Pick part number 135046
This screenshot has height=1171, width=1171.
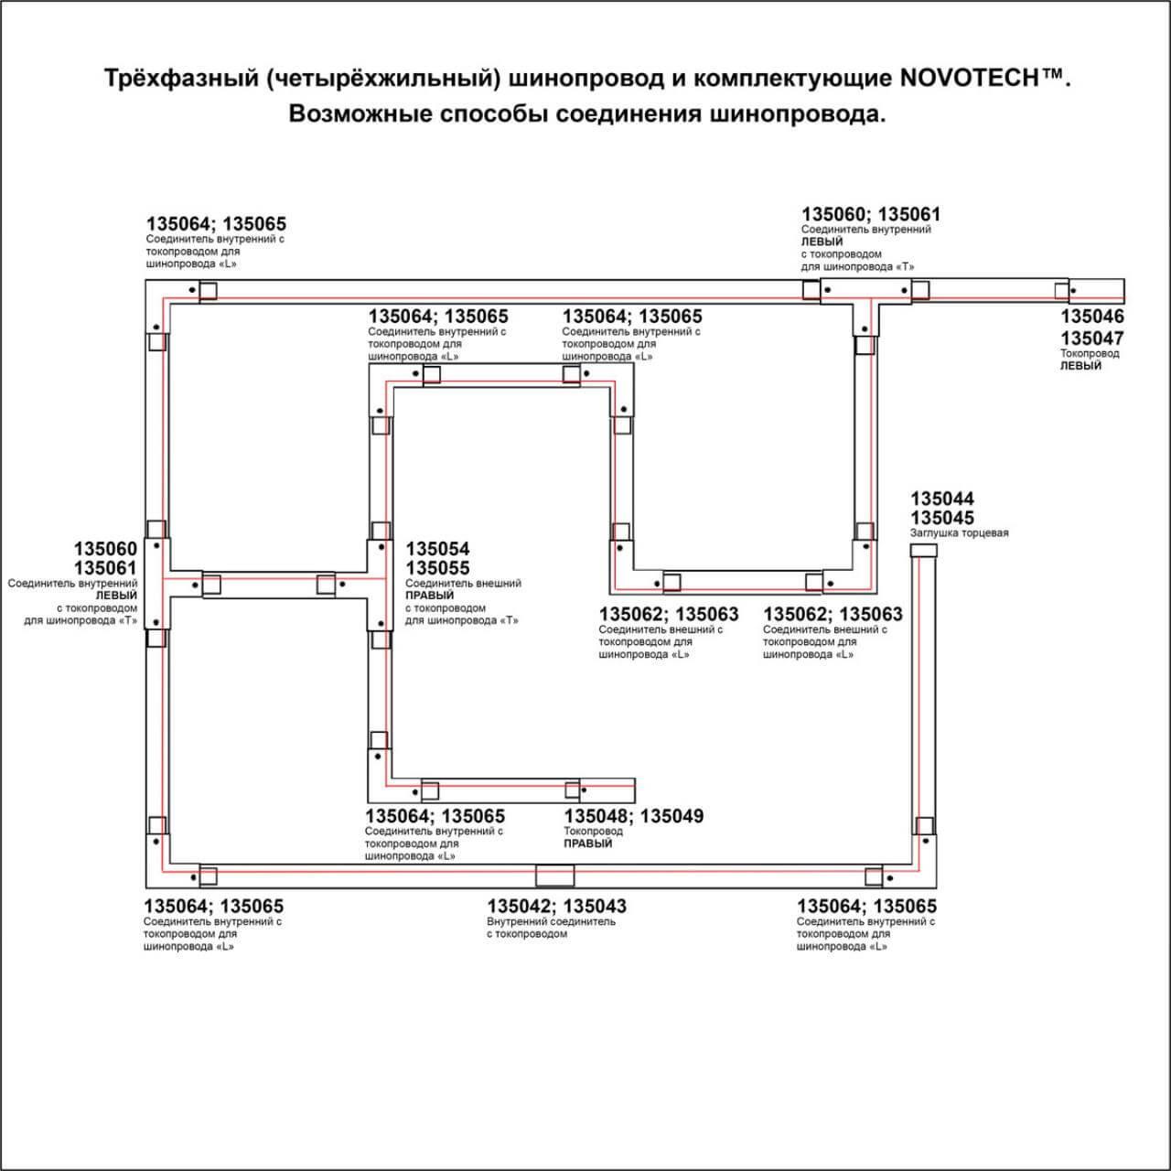click(1092, 317)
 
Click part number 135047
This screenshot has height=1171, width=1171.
click(1092, 338)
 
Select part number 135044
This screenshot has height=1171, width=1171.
click(942, 499)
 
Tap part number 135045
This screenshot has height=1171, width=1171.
click(942, 518)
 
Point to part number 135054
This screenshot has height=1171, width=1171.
click(437, 549)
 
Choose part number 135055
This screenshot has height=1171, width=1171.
click(437, 568)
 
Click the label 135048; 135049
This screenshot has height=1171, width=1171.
click(634, 816)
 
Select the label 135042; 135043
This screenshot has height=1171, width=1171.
click(556, 907)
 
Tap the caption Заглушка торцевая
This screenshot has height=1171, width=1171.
click(959, 533)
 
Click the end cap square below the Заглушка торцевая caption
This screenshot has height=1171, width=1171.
click(924, 551)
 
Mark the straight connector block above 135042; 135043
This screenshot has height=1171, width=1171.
click(555, 876)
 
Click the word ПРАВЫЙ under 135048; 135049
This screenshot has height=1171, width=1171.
click(588, 843)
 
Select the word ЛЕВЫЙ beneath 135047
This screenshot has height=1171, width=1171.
click(1081, 366)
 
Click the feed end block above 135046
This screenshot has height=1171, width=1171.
click(1097, 291)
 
